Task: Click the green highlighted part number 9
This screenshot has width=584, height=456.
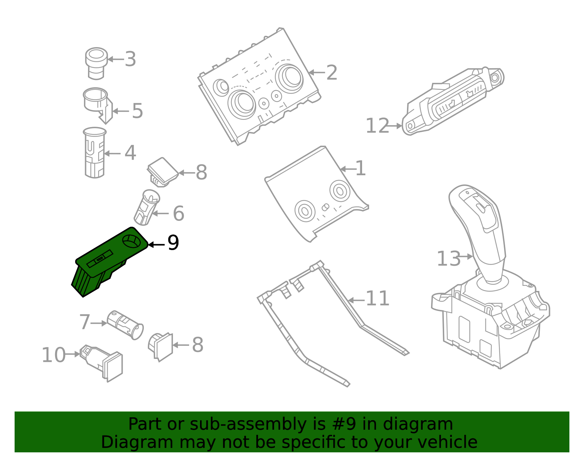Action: coord(109,261)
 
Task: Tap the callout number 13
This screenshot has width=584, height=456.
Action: coord(449,258)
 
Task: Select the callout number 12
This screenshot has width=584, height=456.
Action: coord(377,126)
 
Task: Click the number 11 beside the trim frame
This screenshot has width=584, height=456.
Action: coord(377,299)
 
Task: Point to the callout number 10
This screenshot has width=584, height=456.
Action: coord(53,355)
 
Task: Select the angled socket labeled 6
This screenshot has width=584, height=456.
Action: coord(147,207)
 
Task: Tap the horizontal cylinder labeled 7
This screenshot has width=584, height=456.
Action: coord(125,325)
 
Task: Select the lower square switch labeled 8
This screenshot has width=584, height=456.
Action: coord(161,346)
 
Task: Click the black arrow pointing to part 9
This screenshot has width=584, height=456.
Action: coord(156,245)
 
